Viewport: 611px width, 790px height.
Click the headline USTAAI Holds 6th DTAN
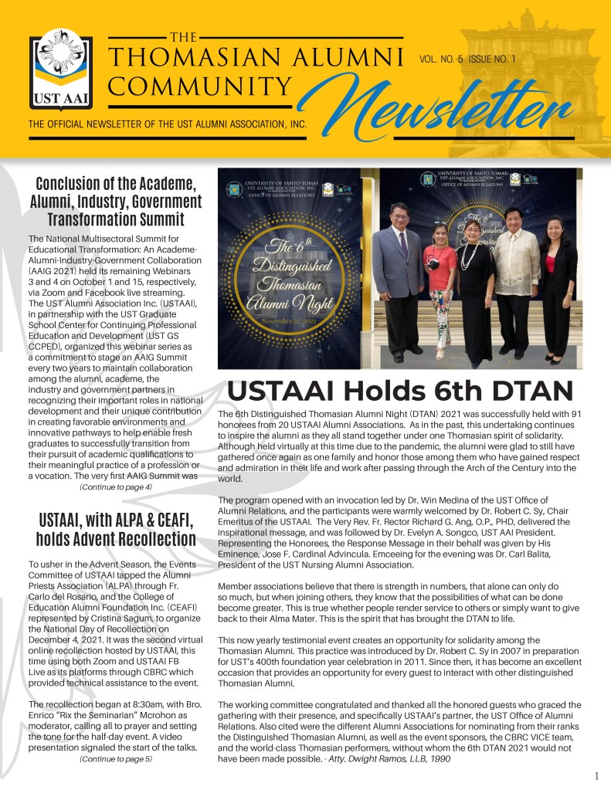[x=400, y=391]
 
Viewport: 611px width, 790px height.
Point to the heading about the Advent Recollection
[x=116, y=528]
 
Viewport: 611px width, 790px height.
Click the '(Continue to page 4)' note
[x=116, y=487]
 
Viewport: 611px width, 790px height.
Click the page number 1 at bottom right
[x=597, y=775]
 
